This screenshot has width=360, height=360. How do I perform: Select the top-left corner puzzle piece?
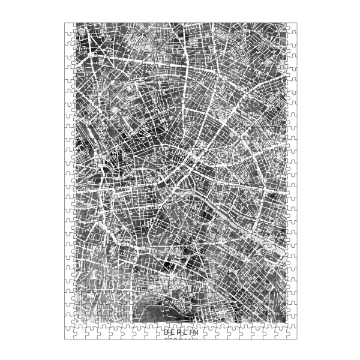tap(70, 28)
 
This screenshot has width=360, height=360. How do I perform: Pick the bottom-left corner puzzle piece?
tap(70, 335)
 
